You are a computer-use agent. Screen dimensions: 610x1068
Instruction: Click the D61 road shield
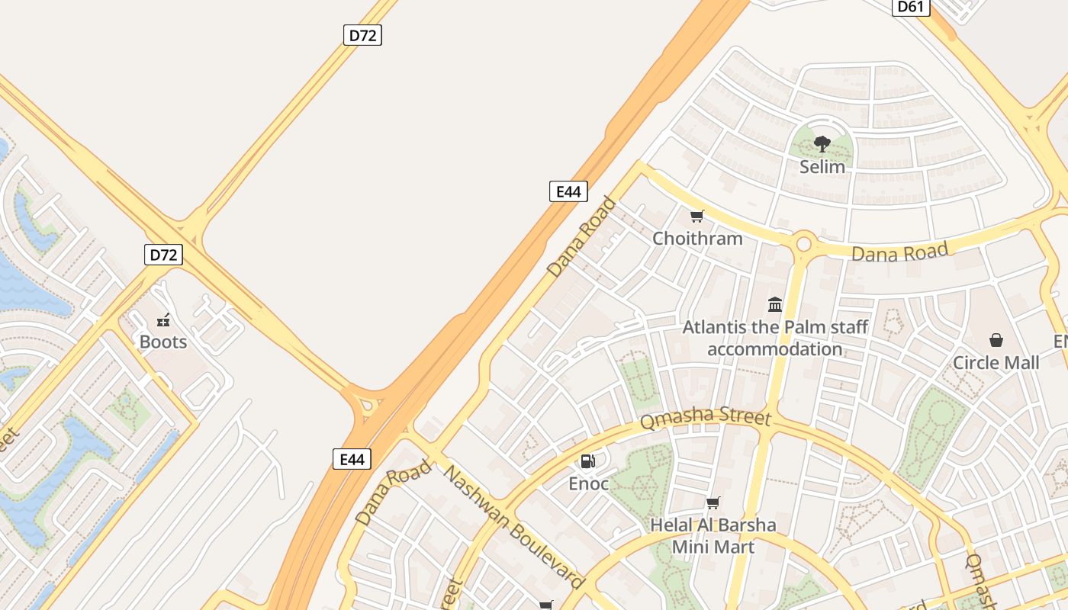(x=911, y=7)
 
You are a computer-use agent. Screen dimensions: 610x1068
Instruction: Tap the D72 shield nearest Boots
(x=163, y=255)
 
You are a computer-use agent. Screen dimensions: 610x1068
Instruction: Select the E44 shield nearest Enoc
(x=352, y=459)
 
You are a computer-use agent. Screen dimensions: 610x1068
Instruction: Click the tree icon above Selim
(x=822, y=143)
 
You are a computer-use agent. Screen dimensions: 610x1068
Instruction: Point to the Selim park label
(x=822, y=166)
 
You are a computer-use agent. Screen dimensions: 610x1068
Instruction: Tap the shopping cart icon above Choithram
(x=696, y=217)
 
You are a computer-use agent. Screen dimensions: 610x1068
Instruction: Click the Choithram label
(x=697, y=239)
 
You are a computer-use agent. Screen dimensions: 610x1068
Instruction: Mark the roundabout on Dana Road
(x=803, y=245)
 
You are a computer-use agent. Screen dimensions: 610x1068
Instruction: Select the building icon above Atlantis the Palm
(x=775, y=305)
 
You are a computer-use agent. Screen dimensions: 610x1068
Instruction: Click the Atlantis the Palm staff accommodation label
(x=775, y=339)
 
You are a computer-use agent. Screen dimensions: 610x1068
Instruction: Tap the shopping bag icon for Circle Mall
(x=996, y=340)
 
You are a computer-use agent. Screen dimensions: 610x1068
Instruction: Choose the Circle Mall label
(x=996, y=363)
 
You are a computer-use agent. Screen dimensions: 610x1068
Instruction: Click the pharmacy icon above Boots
(x=162, y=319)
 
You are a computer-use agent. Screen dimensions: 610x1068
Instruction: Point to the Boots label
(x=163, y=342)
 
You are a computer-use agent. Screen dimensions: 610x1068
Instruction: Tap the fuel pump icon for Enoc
(x=588, y=461)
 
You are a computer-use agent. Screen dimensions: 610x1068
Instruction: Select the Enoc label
(x=588, y=483)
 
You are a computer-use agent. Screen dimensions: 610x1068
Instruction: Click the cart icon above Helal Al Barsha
(x=713, y=502)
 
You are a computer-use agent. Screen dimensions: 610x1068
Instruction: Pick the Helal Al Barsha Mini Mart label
(x=713, y=536)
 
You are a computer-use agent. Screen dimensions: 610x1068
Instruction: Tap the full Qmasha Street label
(x=706, y=419)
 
